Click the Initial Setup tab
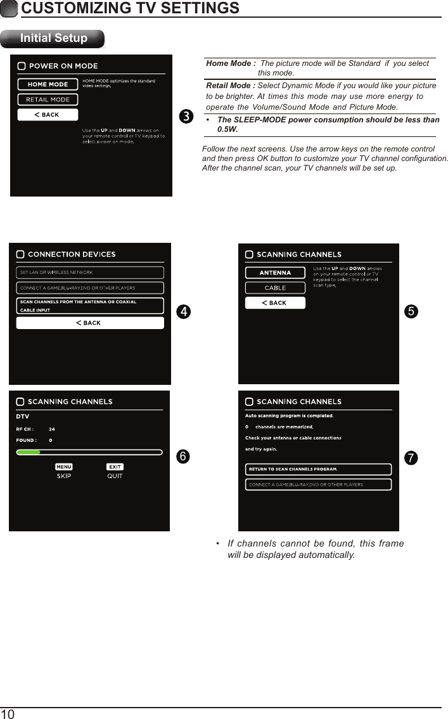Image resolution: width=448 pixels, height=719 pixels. (x=53, y=38)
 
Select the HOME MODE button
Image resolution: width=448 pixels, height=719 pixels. (x=48, y=84)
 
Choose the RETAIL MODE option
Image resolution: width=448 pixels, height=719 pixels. (x=48, y=100)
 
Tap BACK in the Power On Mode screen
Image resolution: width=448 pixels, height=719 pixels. (x=48, y=115)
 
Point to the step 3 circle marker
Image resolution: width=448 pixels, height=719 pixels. (x=185, y=117)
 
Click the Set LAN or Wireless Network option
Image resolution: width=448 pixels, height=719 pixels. (x=89, y=273)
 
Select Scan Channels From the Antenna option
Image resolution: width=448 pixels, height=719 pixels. (x=89, y=306)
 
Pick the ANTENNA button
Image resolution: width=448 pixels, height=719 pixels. (x=275, y=273)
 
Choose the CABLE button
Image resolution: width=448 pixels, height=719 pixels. (x=275, y=288)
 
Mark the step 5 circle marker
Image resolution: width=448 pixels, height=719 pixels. (x=411, y=311)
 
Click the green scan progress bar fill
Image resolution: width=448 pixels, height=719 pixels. (x=29, y=453)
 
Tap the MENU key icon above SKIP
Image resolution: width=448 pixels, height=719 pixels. (x=64, y=467)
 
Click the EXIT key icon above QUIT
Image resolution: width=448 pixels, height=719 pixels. (x=115, y=467)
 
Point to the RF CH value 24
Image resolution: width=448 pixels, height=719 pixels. (x=52, y=429)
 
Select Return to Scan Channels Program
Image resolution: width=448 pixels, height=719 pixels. (x=318, y=469)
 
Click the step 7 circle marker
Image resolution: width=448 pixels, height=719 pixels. (x=411, y=458)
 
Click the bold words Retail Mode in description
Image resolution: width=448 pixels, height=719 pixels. (x=231, y=86)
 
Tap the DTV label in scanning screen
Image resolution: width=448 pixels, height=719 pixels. (x=22, y=417)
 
